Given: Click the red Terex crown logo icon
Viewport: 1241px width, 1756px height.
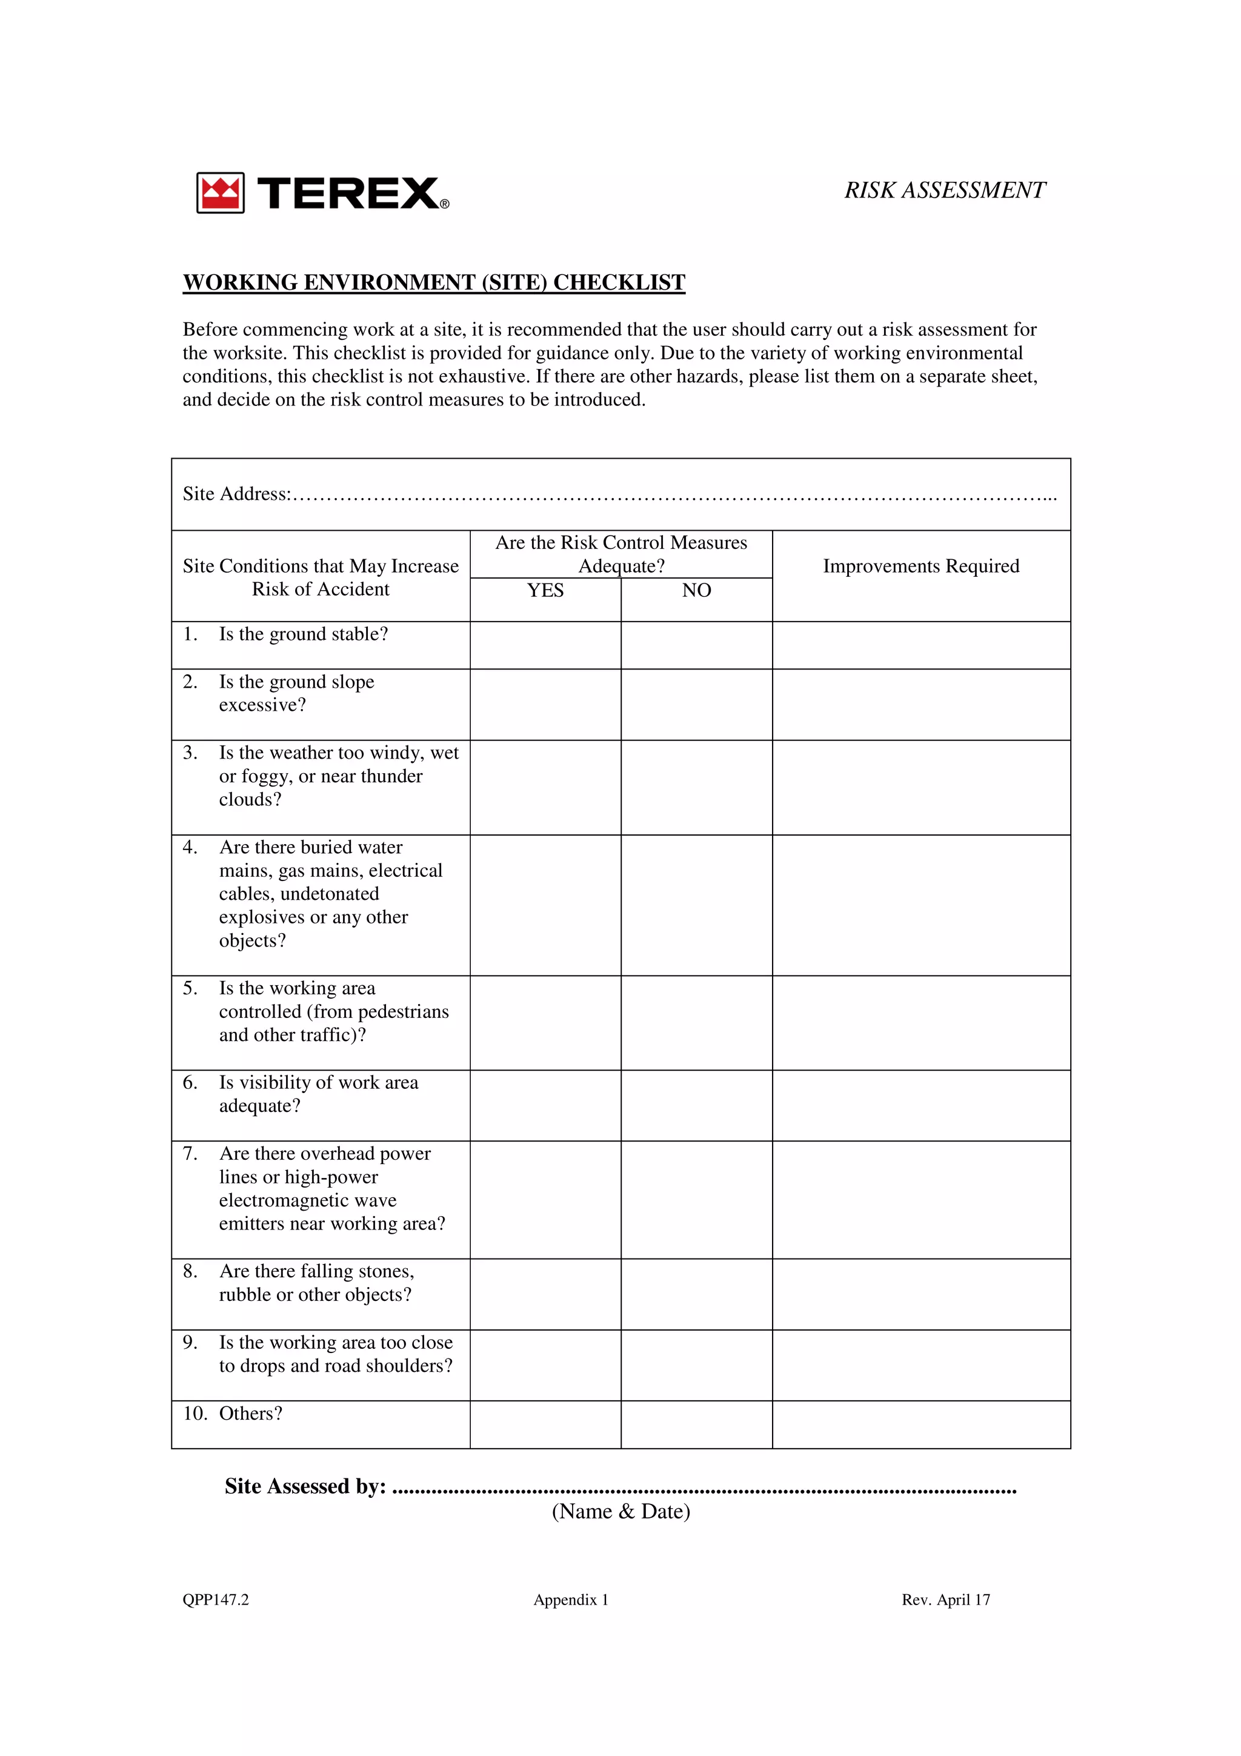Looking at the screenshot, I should pos(220,192).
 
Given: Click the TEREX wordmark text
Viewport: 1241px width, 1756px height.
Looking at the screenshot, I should pos(348,193).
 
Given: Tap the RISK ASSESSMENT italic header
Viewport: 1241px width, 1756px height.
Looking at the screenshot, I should pos(944,190).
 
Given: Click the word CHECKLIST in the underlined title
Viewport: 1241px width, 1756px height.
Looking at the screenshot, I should pos(619,282).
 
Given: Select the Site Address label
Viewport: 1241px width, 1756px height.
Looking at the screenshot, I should pos(236,494).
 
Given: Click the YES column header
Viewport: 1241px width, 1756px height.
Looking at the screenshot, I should pos(545,590).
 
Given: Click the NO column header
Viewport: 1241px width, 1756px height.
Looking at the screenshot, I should pos(697,590).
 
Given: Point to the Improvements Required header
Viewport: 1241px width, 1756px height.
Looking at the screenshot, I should pos(920,566).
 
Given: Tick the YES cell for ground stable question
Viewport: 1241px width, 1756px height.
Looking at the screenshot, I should pos(545,645).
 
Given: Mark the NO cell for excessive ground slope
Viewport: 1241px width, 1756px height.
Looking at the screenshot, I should pos(697,704).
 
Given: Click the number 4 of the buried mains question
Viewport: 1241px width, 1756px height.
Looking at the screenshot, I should pos(189,848).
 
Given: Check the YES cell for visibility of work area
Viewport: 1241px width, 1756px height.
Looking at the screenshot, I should pos(545,1105).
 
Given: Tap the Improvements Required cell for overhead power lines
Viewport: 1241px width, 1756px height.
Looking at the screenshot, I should pos(920,1199).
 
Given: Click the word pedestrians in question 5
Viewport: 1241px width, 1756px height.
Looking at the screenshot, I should pos(403,1011).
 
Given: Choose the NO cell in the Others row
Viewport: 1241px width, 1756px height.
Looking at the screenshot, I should pos(697,1424).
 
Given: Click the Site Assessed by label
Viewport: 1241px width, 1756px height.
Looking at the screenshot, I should pos(305,1486).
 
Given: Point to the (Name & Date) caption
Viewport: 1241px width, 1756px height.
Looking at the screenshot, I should pos(621,1511).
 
